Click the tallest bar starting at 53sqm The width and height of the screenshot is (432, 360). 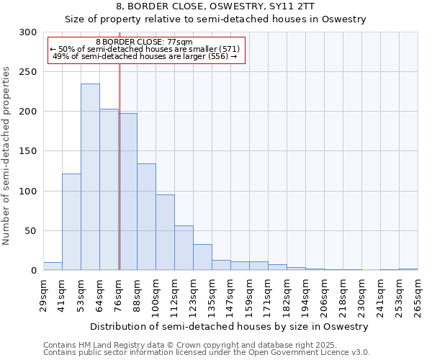(x=90, y=177)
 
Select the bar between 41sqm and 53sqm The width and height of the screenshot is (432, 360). (x=71, y=222)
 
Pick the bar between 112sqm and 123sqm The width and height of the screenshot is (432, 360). (x=184, y=248)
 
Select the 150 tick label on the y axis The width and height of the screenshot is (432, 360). (x=29, y=152)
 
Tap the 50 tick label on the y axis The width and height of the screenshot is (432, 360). (x=32, y=231)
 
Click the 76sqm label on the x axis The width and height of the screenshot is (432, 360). (x=119, y=292)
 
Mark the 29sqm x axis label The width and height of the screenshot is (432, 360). (x=44, y=292)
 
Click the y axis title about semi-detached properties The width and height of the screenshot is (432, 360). (x=7, y=156)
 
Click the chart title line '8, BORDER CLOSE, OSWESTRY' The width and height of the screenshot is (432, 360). (x=216, y=7)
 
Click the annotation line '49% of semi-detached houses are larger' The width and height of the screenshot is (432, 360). (x=145, y=56)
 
